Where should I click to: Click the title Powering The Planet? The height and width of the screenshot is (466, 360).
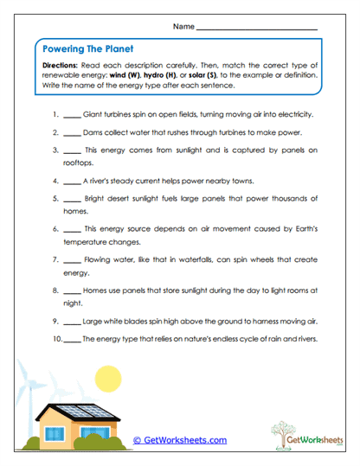pos(87,49)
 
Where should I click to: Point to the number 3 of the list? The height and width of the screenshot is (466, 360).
pos(55,150)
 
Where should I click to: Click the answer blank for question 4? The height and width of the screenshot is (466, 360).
pos(72,182)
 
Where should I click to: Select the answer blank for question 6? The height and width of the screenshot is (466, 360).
pos(72,231)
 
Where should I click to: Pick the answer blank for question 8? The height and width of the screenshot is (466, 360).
pos(72,291)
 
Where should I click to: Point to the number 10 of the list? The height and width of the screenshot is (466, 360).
pos(51,339)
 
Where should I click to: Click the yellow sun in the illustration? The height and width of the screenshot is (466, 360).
pos(108,378)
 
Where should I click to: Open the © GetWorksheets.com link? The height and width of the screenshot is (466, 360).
pos(180,440)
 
